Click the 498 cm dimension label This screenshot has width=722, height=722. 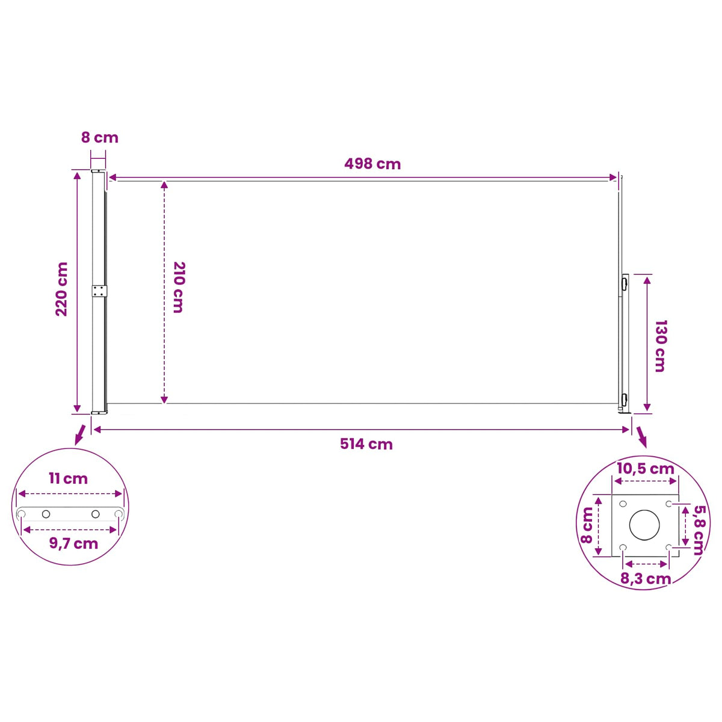[x=372, y=164]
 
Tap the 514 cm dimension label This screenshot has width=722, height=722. [x=366, y=445]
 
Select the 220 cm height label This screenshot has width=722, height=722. [x=61, y=289]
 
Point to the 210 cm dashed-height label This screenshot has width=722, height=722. [x=179, y=287]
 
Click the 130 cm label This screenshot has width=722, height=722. [x=660, y=346]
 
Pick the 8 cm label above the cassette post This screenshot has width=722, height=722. [x=100, y=138]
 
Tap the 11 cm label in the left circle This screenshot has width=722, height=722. [x=68, y=479]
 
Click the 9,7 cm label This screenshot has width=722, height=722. [x=73, y=544]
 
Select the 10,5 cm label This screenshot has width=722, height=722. [x=646, y=469]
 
